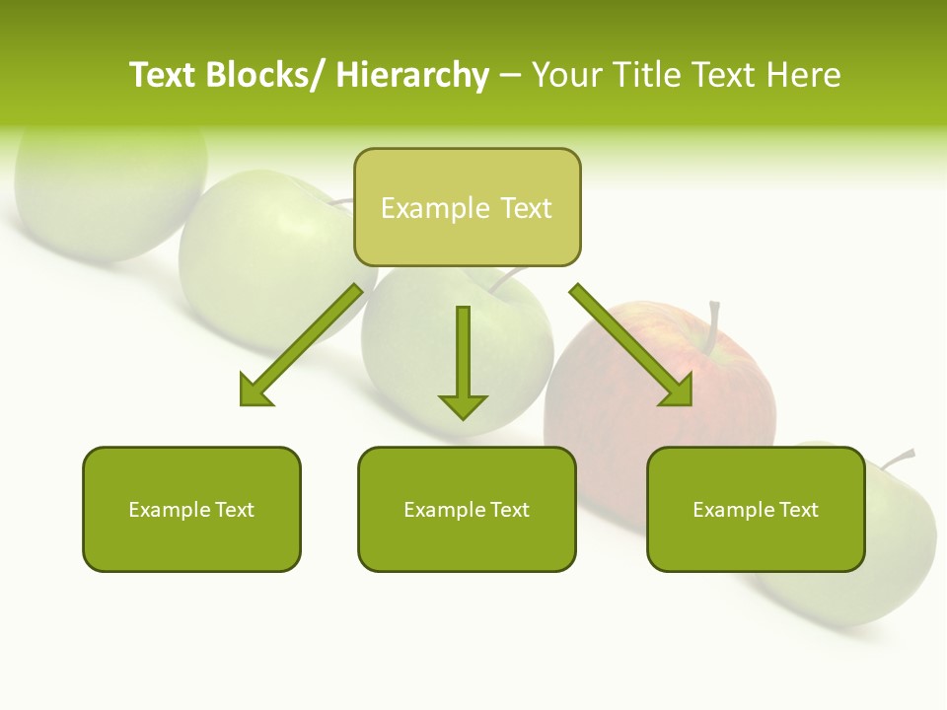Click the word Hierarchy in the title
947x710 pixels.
pyautogui.click(x=412, y=75)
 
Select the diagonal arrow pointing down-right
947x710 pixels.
pyautogui.click(x=631, y=345)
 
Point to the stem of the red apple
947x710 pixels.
pyautogui.click(x=713, y=325)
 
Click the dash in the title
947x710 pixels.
pyautogui.click(x=510, y=75)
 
